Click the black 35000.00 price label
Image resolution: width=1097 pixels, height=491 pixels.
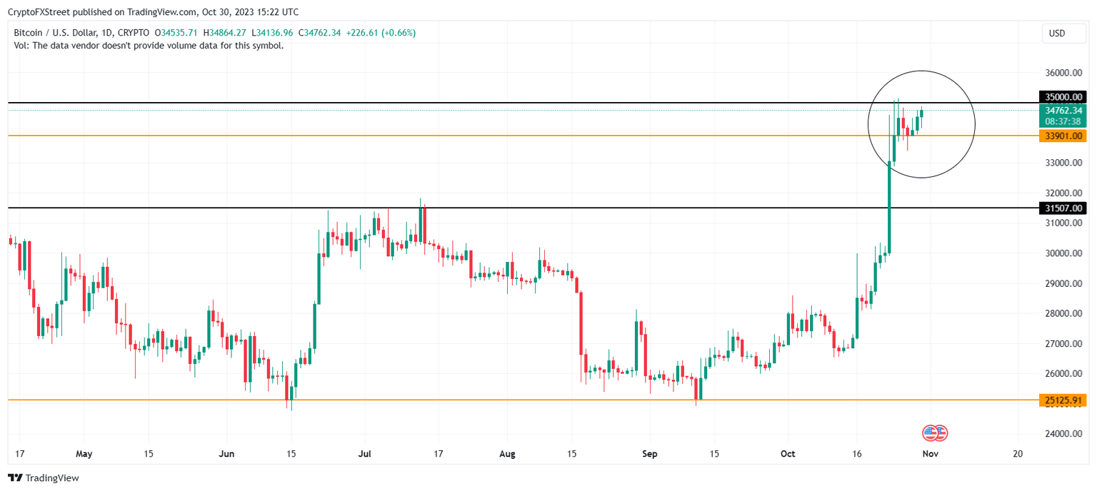point(1064,97)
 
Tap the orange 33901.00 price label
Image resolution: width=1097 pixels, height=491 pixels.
point(1064,136)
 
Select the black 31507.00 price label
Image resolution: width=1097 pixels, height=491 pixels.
point(1064,208)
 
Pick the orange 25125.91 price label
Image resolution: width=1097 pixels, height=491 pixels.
point(1064,400)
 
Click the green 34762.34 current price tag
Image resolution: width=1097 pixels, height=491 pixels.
point(1064,111)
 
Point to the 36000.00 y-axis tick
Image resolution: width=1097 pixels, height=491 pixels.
point(1064,73)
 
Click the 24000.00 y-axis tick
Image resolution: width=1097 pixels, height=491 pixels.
point(1064,434)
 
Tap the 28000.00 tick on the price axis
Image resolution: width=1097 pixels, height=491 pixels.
point(1064,313)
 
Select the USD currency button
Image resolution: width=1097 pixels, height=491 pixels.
point(1057,34)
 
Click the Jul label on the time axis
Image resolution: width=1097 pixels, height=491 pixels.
point(364,453)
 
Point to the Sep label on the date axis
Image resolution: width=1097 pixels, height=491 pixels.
point(648,453)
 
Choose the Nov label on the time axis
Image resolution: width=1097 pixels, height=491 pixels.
point(929,453)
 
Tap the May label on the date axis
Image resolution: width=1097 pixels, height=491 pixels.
point(84,453)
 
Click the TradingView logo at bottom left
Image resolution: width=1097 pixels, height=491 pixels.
point(44,478)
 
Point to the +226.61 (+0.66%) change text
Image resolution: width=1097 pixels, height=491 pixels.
point(381,33)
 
